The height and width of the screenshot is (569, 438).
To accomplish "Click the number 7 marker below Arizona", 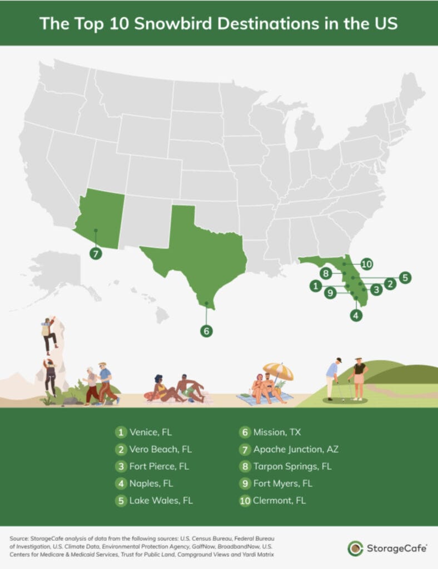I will click(x=96, y=253).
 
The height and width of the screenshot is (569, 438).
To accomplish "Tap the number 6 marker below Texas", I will click(x=206, y=331).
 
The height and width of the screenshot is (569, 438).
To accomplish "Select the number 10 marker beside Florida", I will click(x=366, y=264).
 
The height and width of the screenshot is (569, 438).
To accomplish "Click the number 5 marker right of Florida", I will click(x=405, y=277).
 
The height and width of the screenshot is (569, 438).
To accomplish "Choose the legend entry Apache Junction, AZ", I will click(x=296, y=449).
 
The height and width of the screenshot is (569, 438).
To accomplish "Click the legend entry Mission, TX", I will click(x=277, y=432).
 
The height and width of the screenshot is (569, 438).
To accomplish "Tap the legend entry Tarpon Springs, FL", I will click(x=292, y=466).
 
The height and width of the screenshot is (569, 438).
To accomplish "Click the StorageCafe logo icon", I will click(x=355, y=548).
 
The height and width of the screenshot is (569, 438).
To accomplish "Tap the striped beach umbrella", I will click(x=278, y=371).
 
